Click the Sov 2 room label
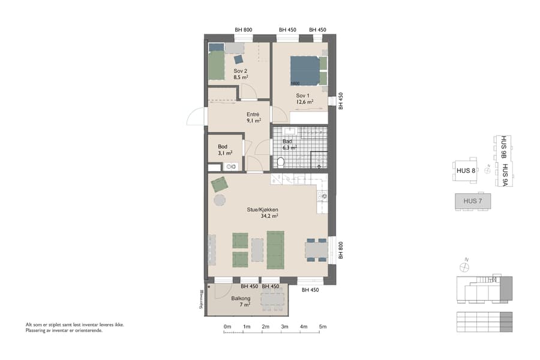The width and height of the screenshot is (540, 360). point(241,74)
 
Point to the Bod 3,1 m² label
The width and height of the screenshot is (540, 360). point(224,149)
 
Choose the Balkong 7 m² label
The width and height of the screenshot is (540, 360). point(241,301)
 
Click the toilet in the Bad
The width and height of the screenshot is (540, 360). point(280,161)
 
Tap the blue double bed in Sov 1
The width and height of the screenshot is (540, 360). point(306,71)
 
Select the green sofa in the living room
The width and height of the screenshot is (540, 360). point(275,250)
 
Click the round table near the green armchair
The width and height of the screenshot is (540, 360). point(220,200)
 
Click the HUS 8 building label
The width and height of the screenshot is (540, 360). point(466,171)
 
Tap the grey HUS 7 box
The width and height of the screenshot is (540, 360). point(473,201)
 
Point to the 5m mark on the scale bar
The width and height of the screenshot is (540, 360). point(323,327)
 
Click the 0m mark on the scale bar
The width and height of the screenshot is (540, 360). point(227,327)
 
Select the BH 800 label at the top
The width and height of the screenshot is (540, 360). point(243,30)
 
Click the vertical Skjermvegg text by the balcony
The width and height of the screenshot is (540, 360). point(202,298)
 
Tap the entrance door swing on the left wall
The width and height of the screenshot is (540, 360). point(196,116)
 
